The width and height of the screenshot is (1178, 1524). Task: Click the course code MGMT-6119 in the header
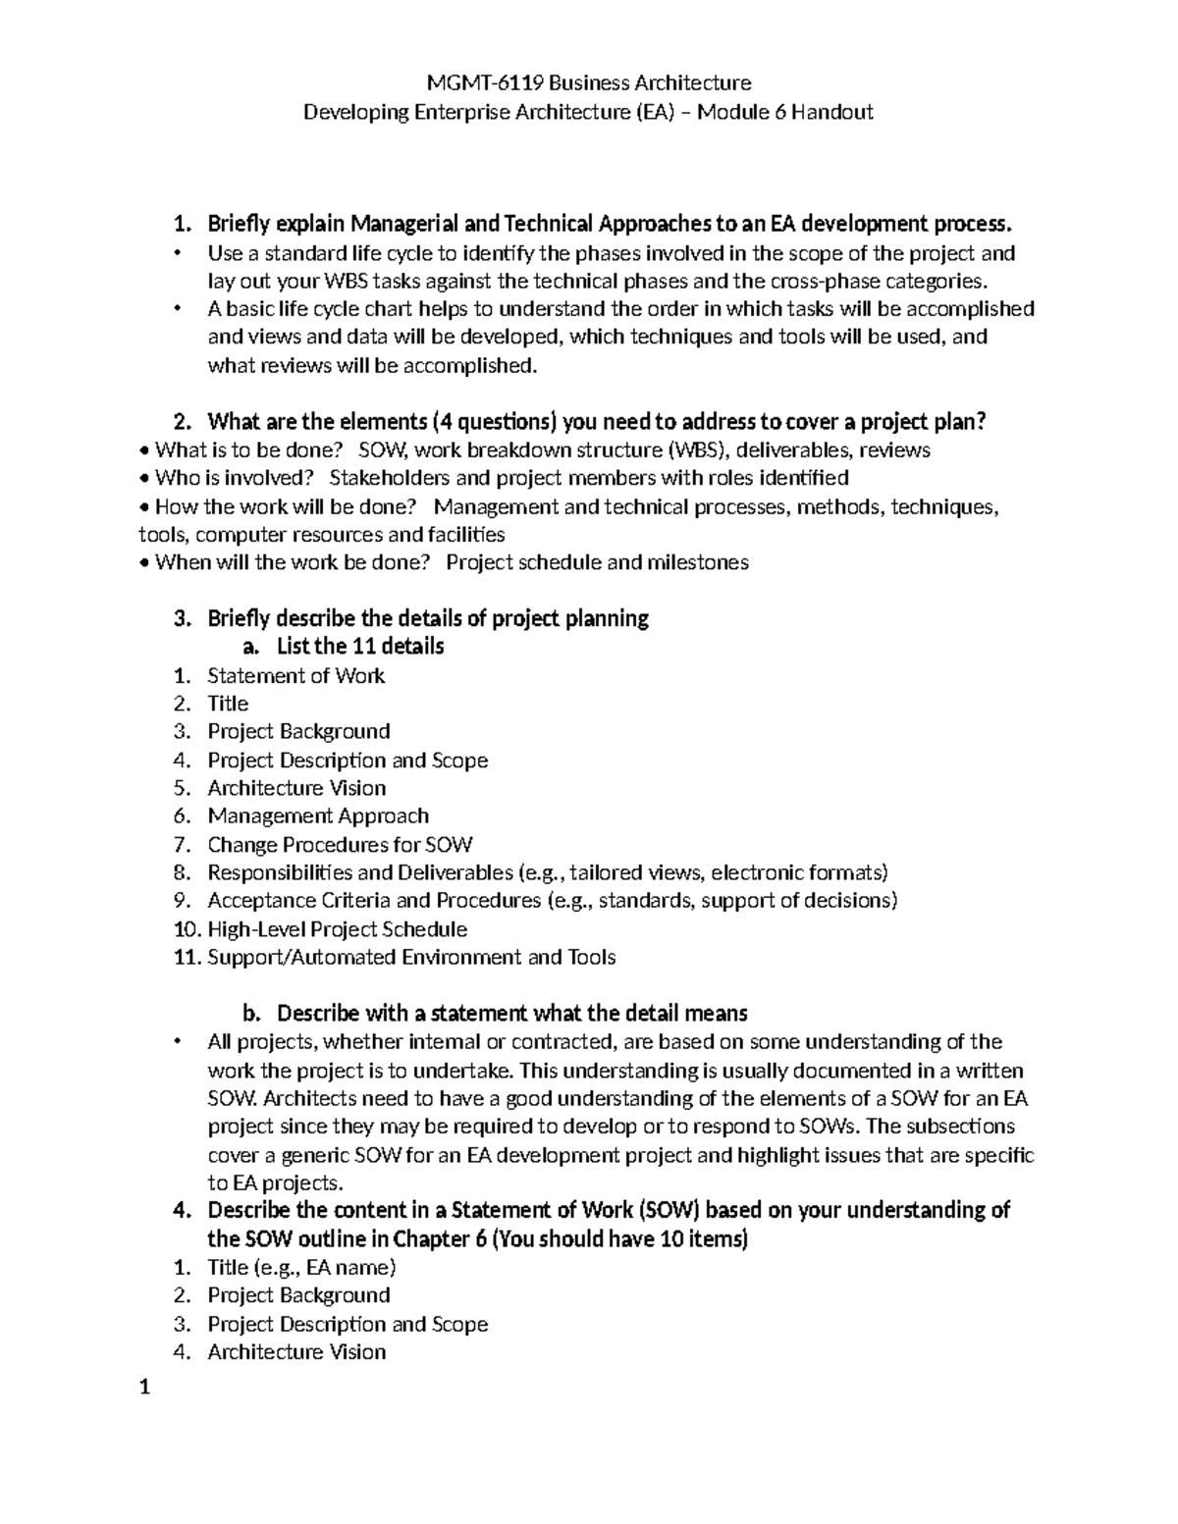pos(462,82)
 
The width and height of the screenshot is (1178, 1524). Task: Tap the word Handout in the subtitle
pos(832,112)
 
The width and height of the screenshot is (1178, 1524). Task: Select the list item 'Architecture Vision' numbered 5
pos(296,788)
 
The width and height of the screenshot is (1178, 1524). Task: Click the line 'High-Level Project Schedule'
pos(337,929)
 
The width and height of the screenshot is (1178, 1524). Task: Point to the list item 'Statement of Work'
pos(295,675)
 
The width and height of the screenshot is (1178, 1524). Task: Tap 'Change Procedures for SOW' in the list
pos(340,845)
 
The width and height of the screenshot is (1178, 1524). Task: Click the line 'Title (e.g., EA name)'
pos(301,1267)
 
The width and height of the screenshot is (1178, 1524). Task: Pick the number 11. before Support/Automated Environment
pos(187,958)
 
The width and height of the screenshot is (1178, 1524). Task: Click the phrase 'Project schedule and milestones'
pos(597,562)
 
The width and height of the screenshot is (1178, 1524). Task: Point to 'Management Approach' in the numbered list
pos(318,816)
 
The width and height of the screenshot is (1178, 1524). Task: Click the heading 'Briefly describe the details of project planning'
pos(427,618)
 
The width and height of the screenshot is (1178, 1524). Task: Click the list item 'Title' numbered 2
pos(228,704)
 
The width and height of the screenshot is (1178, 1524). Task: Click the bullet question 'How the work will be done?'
pos(286,507)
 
